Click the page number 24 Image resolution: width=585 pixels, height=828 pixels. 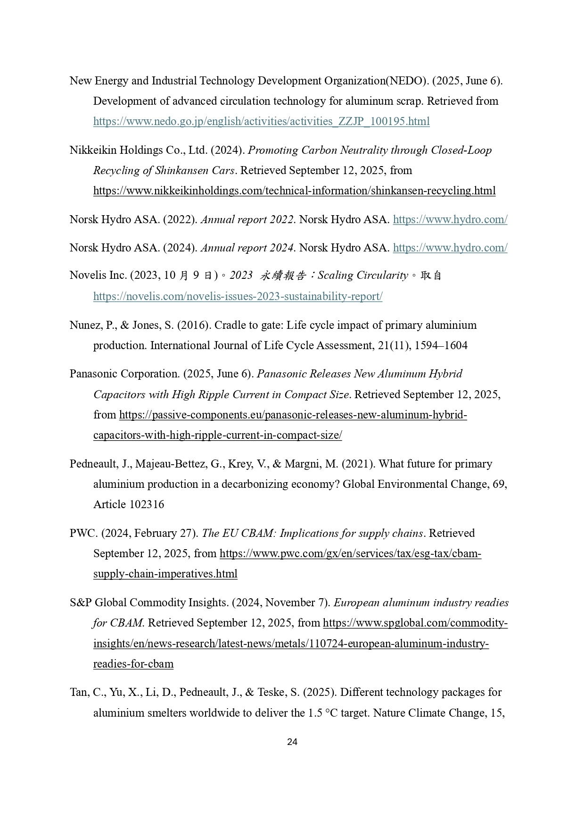pos(292,742)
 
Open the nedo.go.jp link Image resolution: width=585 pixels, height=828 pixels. pos(261,121)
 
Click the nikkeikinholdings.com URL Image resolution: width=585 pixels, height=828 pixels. pos(294,191)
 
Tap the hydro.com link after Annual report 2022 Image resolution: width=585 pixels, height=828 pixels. pos(450,219)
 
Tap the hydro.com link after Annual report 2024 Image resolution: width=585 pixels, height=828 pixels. pos(450,248)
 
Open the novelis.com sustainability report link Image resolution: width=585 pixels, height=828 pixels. pos(238,296)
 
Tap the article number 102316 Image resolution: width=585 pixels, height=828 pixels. pos(147,504)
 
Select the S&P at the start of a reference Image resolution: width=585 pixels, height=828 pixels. pos(81,602)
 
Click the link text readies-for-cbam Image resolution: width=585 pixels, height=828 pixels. pos(133,664)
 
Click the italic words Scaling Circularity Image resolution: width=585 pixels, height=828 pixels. pos(363,275)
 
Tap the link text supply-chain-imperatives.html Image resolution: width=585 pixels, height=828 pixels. pos(165,574)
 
